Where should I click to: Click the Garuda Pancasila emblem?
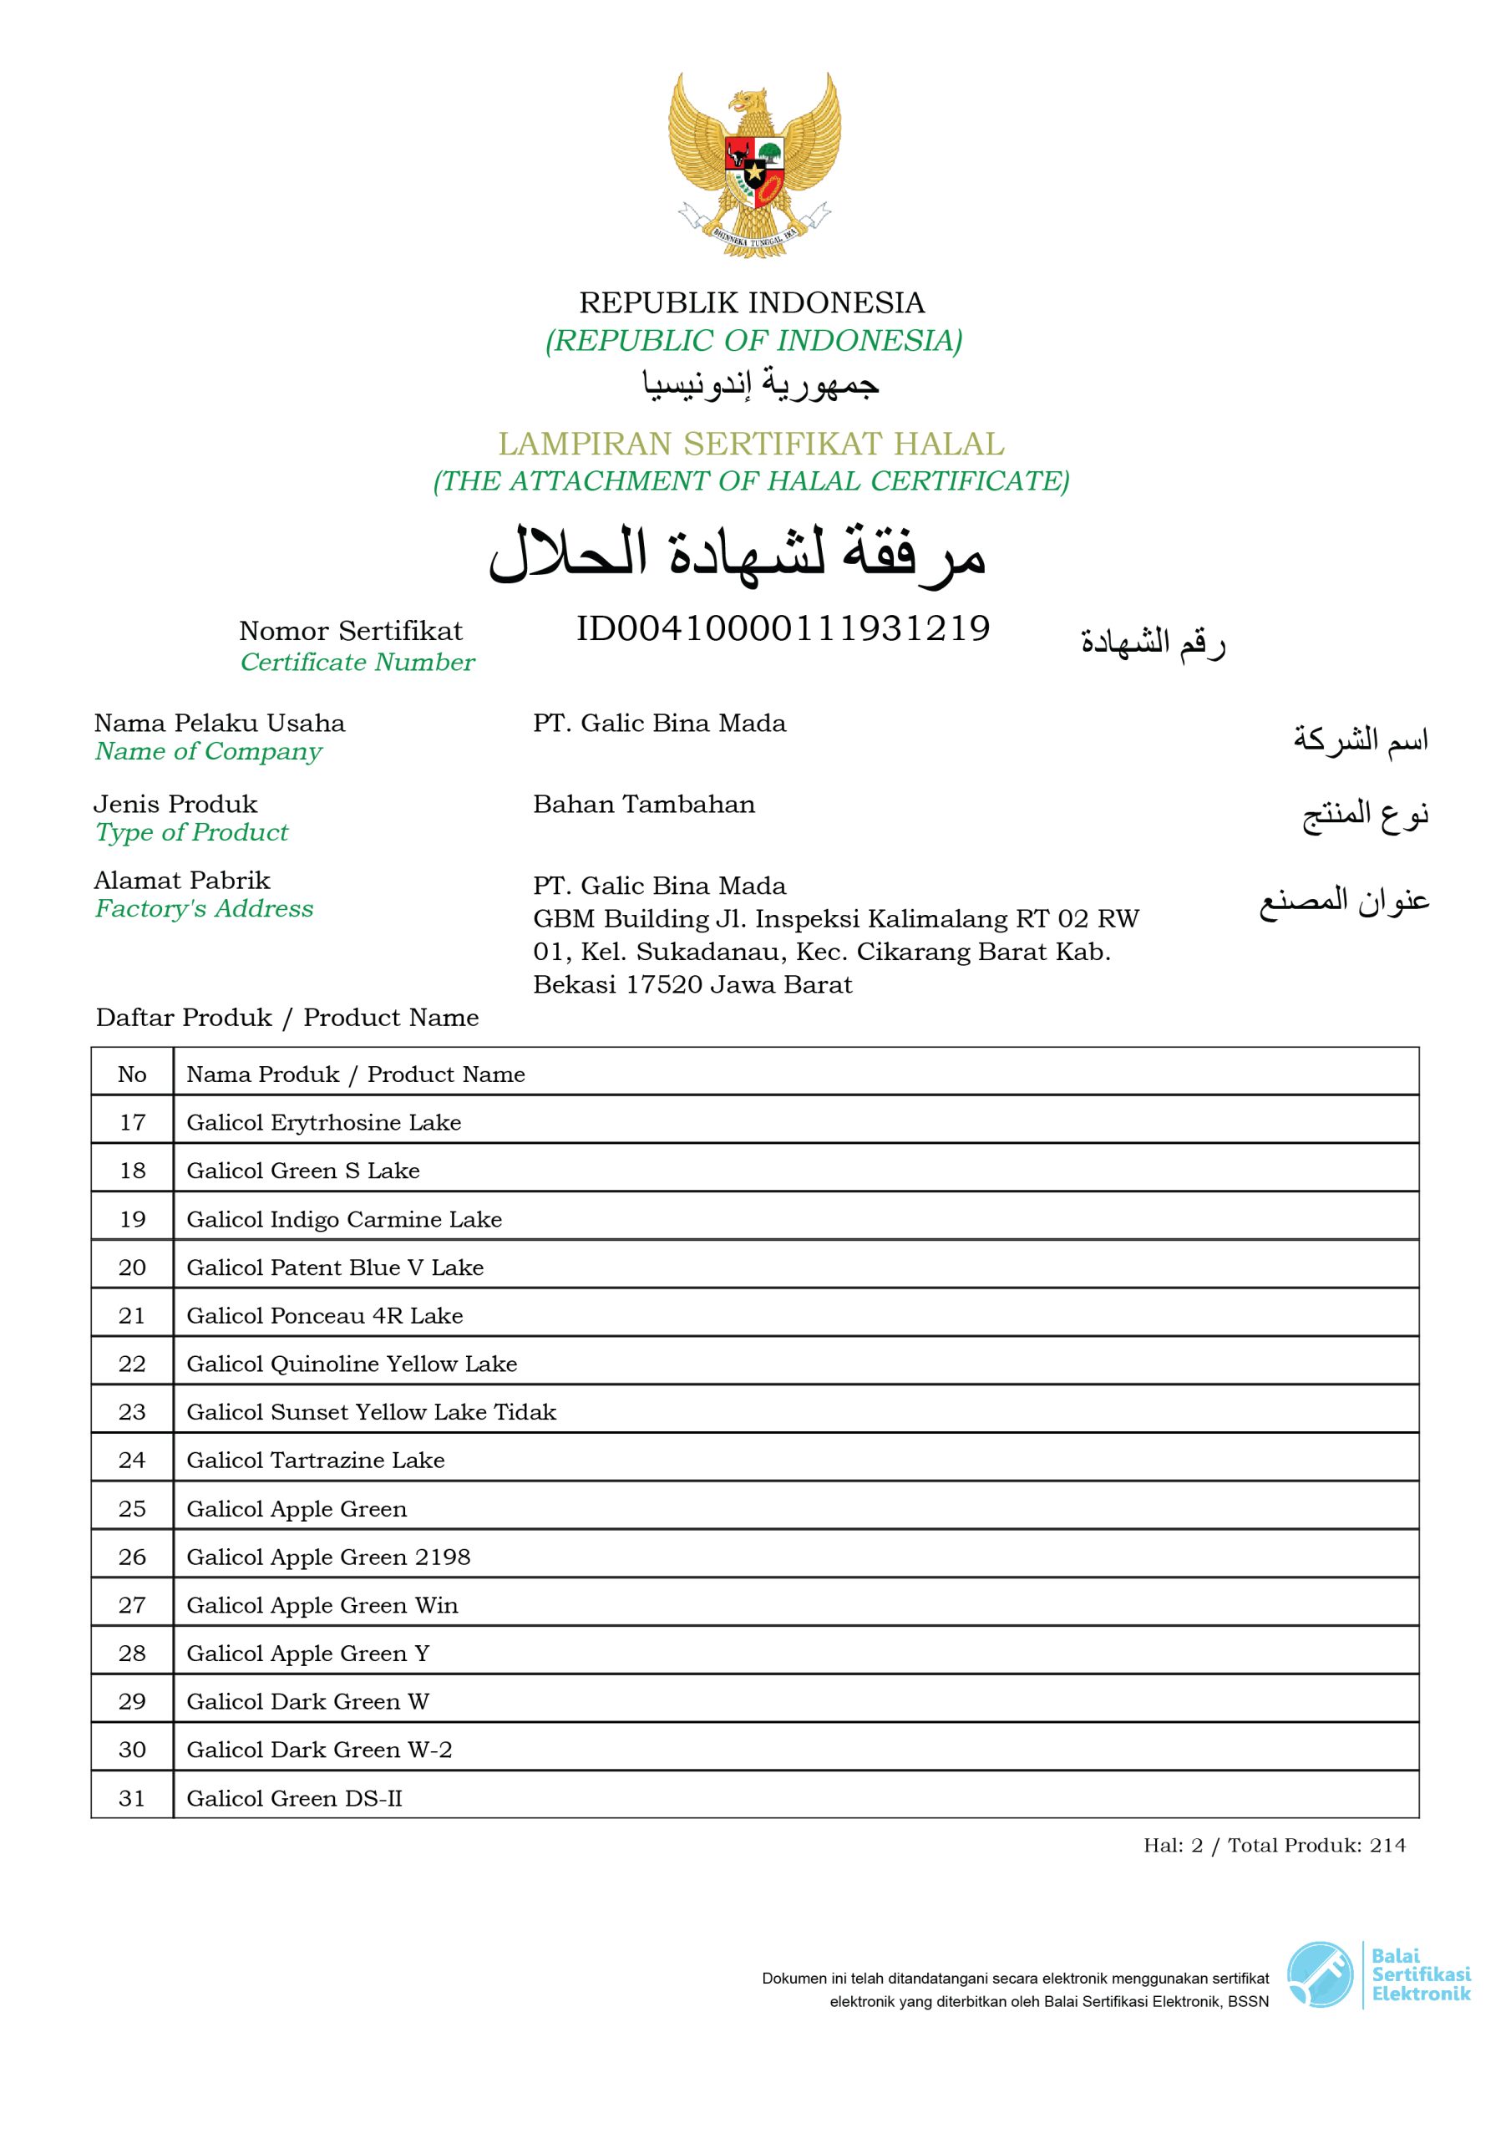coord(753,165)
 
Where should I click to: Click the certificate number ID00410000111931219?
coord(783,629)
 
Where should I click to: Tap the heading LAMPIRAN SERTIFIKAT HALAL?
coord(751,444)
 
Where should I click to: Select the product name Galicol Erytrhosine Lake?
coord(323,1123)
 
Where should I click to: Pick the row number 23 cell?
coord(132,1411)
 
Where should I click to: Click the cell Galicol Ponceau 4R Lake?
coord(324,1315)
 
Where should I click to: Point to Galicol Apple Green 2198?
coord(328,1557)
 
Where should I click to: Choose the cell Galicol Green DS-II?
coord(294,1798)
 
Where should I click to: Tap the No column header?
coord(132,1075)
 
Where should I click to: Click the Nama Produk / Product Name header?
coord(355,1075)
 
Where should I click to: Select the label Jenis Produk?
coord(175,804)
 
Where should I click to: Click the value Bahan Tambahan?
coord(644,804)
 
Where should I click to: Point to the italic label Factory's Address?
coord(204,908)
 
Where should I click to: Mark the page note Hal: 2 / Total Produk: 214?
coord(1275,1845)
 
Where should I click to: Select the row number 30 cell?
coord(132,1750)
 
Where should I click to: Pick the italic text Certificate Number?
coord(357,663)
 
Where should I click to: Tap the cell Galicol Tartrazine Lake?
coord(315,1460)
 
